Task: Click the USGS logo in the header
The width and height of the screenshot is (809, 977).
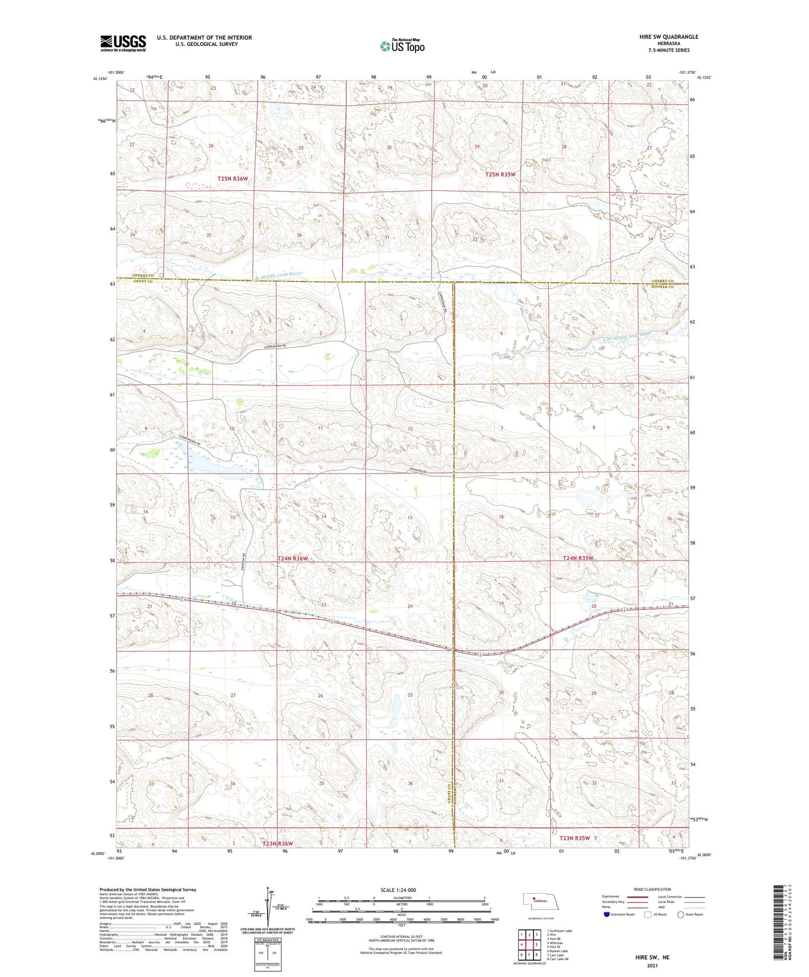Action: [x=123, y=43]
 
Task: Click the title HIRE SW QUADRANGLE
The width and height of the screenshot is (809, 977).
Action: [x=668, y=37]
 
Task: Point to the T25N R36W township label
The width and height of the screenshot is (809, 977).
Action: [x=232, y=179]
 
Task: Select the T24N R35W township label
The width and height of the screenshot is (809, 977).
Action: [x=578, y=558]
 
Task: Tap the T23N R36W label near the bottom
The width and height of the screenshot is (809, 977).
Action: [x=278, y=843]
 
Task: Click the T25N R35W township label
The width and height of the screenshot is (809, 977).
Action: [x=499, y=175]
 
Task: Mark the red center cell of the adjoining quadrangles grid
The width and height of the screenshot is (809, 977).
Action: [x=529, y=945]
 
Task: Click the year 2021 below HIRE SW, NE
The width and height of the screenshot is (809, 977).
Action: [x=652, y=965]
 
